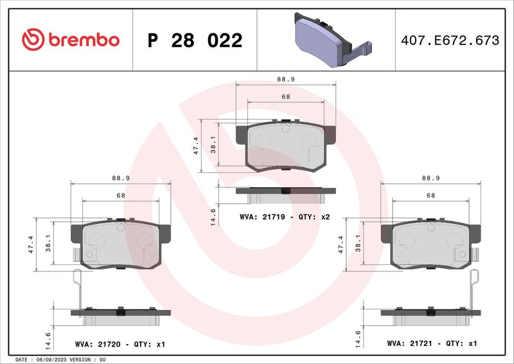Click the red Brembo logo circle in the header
pos(33,39)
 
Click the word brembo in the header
pos(84,39)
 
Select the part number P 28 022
pos(195,41)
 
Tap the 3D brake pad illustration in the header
pos(333,40)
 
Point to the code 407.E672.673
pos(450,41)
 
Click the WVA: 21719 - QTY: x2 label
pos(285,217)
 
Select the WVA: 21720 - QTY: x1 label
pos(120,344)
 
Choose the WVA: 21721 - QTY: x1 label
pos(432,343)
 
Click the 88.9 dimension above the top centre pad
pos(286,79)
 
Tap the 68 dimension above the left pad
pos(121,196)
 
